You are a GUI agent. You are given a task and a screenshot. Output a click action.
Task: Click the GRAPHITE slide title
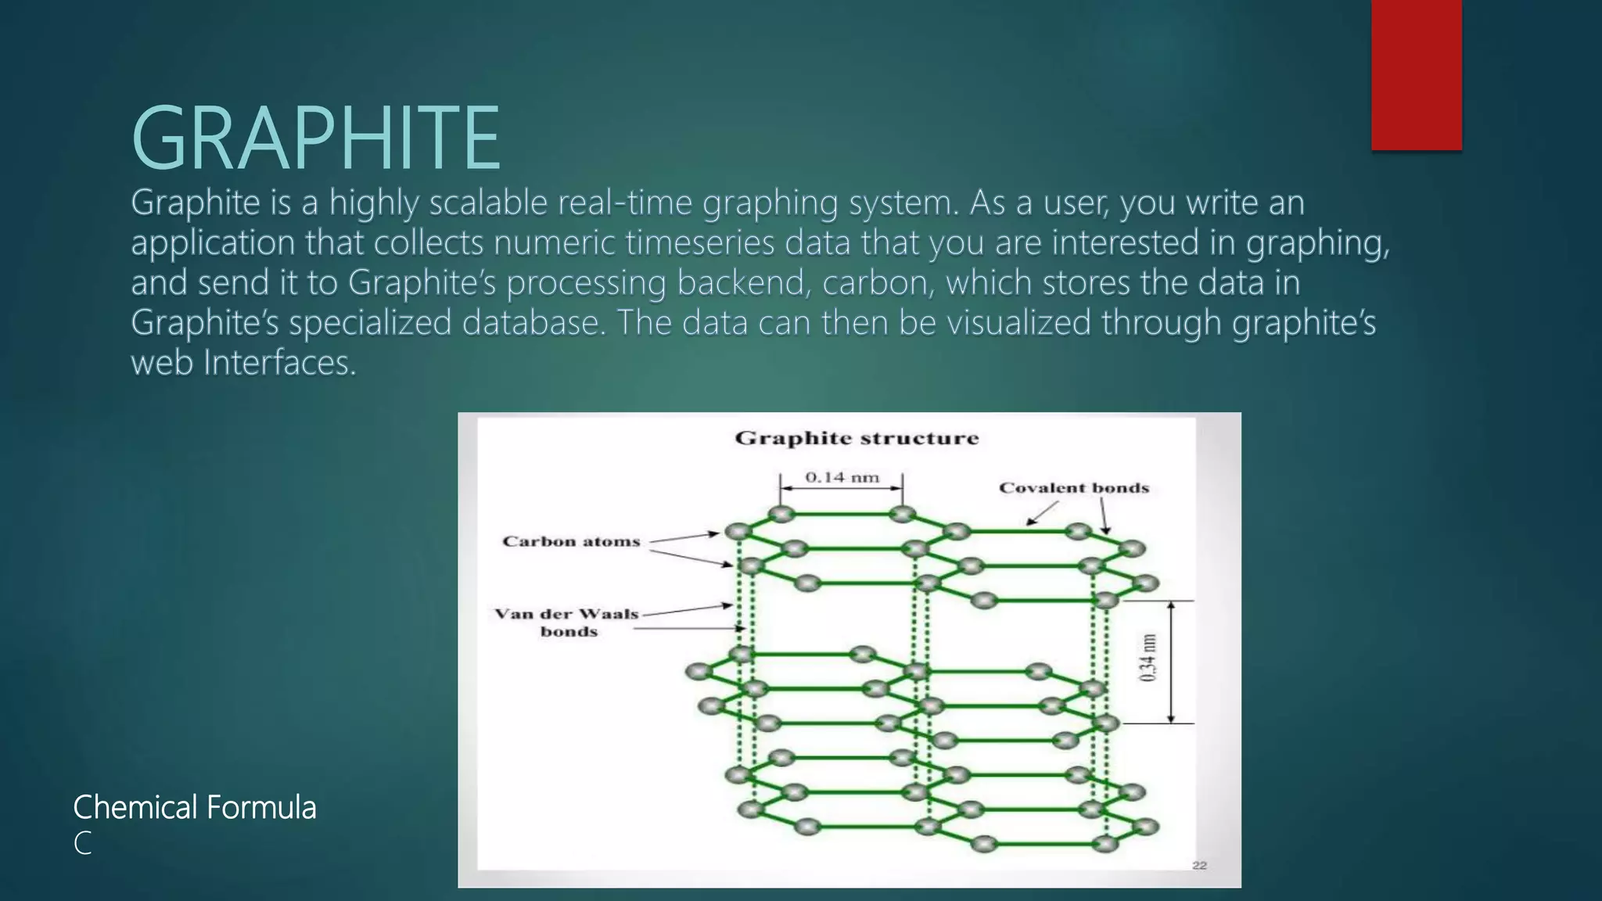tap(315, 138)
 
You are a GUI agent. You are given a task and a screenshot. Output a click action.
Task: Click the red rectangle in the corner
tap(1416, 74)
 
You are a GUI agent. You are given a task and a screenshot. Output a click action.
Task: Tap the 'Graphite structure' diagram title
tap(857, 438)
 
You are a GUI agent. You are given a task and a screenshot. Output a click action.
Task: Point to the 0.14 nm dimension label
tap(842, 477)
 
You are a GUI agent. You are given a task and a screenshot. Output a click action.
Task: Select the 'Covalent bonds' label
tap(1074, 488)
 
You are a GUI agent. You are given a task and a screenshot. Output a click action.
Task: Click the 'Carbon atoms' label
tap(571, 541)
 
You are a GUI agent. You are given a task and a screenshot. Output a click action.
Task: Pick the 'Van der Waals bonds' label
tap(568, 623)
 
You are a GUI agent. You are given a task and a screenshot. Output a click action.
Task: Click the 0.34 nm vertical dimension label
tap(1148, 658)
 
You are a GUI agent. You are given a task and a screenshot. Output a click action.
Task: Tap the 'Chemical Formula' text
tap(195, 807)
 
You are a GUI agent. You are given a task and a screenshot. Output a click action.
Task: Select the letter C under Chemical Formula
tap(82, 844)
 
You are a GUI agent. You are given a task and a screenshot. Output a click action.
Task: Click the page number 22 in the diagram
tap(1199, 865)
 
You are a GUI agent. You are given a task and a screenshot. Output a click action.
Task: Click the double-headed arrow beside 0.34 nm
tap(1171, 662)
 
